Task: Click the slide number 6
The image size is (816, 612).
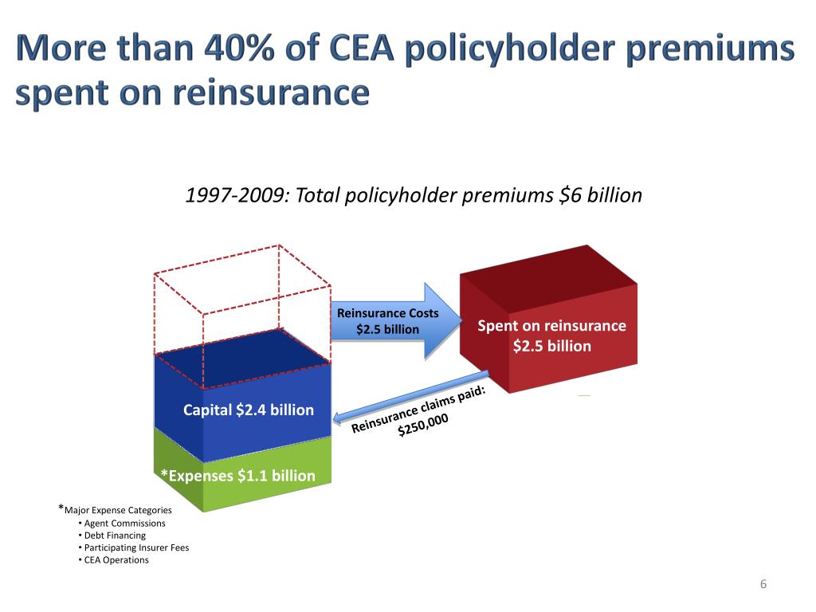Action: click(763, 585)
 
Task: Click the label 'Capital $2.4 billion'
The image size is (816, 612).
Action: click(248, 410)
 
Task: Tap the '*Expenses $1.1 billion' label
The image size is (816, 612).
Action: click(237, 476)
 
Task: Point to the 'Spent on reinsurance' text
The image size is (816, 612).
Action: click(551, 326)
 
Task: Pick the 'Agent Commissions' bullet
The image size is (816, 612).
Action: click(124, 524)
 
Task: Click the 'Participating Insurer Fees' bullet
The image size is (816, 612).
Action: click(136, 547)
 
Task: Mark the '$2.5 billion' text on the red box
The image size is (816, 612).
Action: click(552, 347)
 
